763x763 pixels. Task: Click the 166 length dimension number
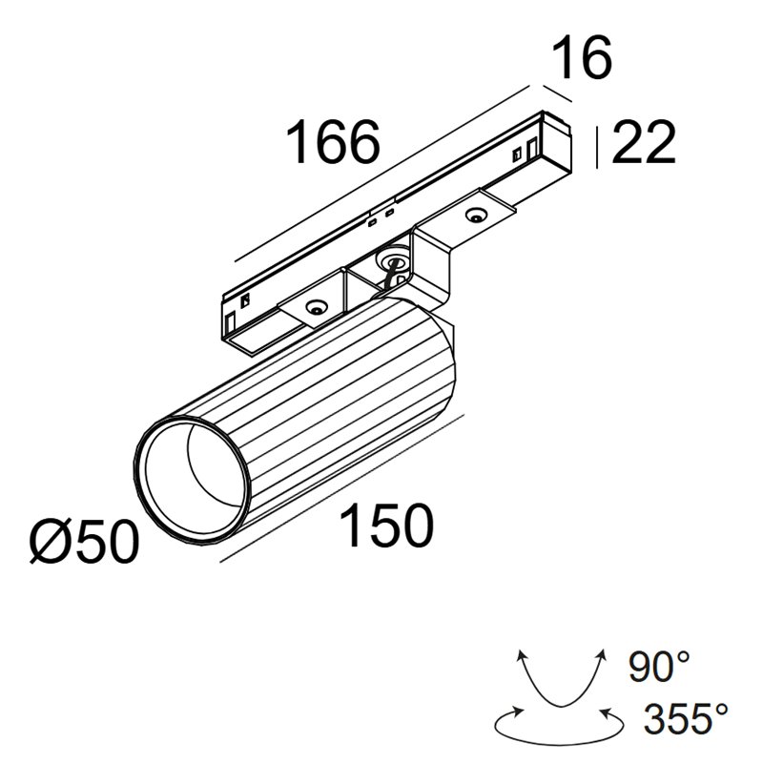334,143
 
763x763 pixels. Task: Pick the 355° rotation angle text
686,716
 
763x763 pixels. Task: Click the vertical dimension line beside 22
596,146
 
